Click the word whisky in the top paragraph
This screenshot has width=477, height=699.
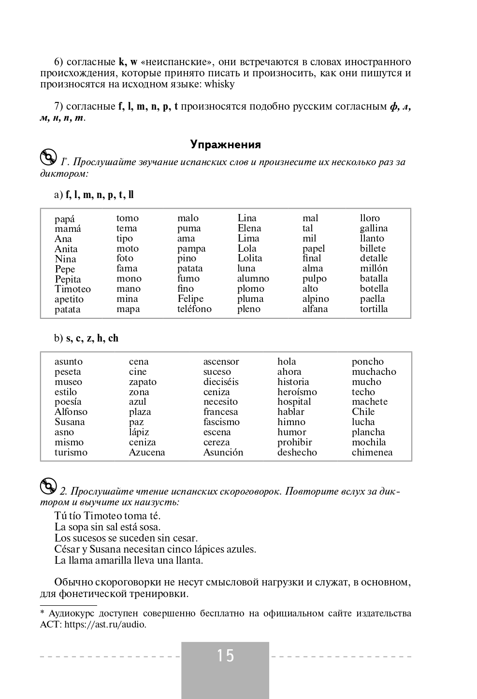tap(219, 84)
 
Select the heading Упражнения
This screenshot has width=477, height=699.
tap(226, 144)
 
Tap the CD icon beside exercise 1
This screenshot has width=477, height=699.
tap(48, 157)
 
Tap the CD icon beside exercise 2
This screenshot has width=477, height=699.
tap(48, 486)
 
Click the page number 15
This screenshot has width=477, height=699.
tap(225, 656)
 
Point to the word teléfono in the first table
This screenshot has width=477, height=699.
tap(194, 309)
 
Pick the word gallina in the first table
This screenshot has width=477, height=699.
tap(374, 228)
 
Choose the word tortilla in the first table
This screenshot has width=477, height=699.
tap(374, 309)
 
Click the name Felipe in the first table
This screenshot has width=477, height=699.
tap(190, 299)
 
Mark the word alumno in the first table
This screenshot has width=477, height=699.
tap(253, 279)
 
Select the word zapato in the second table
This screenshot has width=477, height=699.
tap(143, 382)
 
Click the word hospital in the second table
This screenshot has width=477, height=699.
tap(294, 402)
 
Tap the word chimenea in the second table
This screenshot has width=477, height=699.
tap(372, 453)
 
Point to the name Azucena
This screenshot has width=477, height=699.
tap(147, 453)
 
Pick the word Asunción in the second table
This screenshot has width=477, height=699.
tap(223, 453)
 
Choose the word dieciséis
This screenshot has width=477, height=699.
tap(221, 382)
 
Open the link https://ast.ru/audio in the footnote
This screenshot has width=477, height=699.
tap(105, 624)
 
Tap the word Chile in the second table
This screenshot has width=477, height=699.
tap(363, 412)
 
